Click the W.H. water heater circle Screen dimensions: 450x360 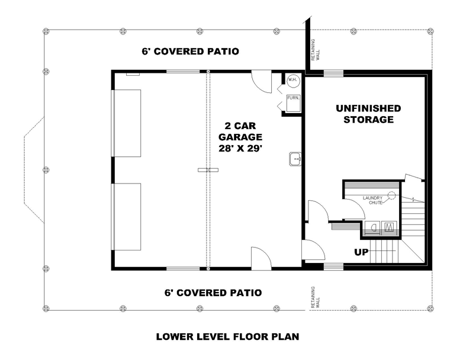pos(292,81)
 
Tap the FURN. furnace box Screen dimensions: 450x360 pos(293,103)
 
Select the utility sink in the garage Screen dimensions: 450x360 pos(295,159)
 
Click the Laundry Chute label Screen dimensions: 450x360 pos(372,200)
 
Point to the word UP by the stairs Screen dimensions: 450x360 pos(361,252)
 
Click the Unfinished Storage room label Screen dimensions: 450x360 pos(368,114)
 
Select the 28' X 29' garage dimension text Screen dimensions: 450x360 pos(240,149)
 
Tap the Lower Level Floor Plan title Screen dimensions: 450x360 pos(227,336)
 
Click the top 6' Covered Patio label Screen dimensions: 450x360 pos(190,52)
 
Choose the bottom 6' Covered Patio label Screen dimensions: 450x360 pos(213,293)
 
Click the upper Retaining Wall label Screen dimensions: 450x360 pos(315,50)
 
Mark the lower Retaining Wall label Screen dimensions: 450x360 pos(315,297)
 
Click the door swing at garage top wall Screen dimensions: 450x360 pos(262,82)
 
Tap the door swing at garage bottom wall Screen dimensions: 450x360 pos(261,257)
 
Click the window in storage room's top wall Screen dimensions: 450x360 pos(333,73)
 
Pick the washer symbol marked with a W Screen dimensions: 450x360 pos(389,227)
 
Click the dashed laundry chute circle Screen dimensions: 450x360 pos(391,196)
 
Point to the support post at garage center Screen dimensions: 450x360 pos(208,171)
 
